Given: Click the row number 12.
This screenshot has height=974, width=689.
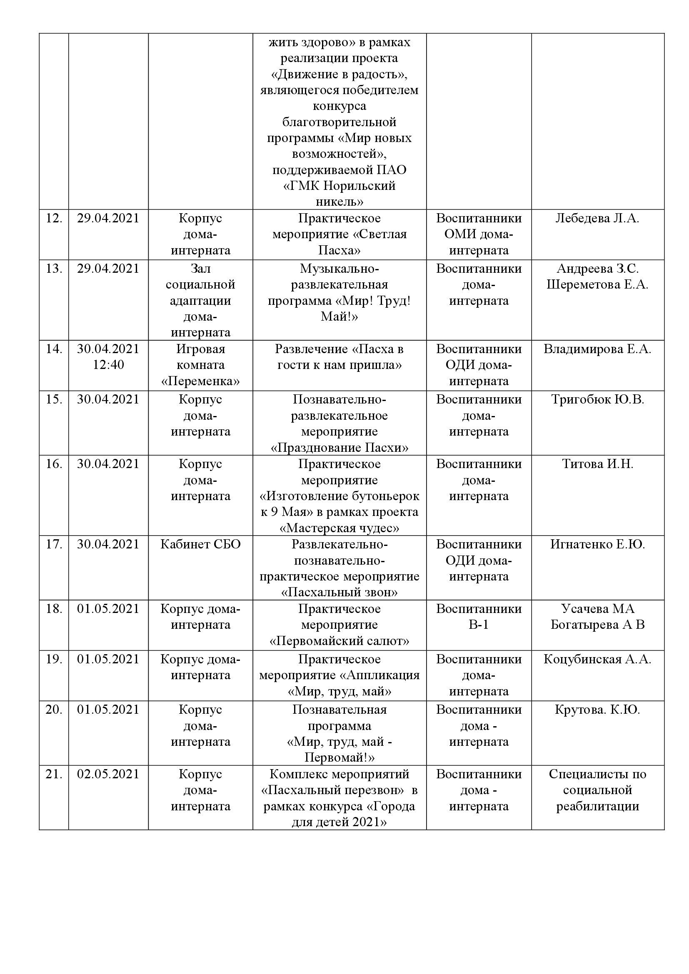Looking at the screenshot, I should coord(54,219).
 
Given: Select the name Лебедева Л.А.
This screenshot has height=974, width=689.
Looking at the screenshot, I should coord(597,219).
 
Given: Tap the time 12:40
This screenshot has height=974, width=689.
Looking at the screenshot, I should coord(108,365).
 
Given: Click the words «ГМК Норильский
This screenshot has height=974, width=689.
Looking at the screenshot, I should coord(340,186).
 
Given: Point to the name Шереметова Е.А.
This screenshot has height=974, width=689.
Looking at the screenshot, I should coord(597,285).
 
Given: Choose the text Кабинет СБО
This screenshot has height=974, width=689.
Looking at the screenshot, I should coord(200,544).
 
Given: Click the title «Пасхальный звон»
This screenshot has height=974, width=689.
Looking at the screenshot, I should coord(340,592).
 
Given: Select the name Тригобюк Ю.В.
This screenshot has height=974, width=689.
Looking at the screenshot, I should coord(597,400).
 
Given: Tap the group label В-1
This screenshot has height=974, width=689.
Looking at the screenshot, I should coord(479,625).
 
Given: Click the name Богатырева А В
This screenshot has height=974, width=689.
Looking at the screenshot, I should coord(597,625).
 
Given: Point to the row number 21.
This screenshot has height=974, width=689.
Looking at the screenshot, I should coord(54,774).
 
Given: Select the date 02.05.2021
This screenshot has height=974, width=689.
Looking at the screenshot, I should coord(108,774).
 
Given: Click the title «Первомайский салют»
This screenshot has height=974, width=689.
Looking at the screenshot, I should coord(340,641).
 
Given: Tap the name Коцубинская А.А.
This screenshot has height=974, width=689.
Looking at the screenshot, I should coord(597,659).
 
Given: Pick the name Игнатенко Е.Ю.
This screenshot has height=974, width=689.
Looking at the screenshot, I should coord(597,544).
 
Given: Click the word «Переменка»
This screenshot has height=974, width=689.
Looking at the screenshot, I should coord(200,381).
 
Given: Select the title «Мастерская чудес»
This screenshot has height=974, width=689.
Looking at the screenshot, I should coord(340,528).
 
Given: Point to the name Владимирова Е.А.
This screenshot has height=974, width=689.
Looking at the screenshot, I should coord(597,349).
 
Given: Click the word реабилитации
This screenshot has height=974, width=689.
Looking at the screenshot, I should coord(597,806).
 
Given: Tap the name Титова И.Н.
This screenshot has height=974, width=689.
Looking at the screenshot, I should coord(597,464).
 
